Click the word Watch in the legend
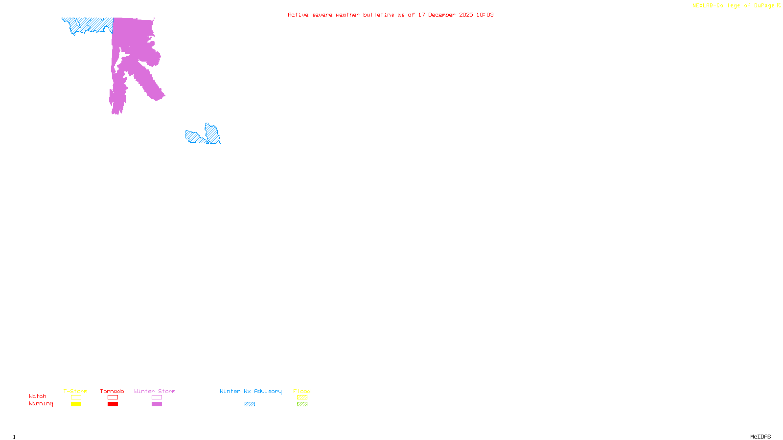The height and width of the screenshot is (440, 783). tap(38, 396)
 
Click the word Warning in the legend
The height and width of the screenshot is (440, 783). tap(41, 404)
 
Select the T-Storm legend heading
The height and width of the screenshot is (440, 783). tap(75, 391)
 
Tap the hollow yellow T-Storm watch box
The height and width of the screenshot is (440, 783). tap(76, 397)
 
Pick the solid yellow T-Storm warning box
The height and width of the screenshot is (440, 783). tap(76, 404)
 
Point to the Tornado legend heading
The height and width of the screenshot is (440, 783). tap(112, 391)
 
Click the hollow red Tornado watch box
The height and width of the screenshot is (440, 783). tap(113, 397)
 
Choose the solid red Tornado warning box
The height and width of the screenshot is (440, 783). tap(113, 404)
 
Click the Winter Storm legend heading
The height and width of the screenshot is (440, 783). tap(155, 391)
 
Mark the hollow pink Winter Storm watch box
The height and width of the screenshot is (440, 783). tap(157, 397)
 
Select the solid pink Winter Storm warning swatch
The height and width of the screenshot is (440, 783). tap(157, 404)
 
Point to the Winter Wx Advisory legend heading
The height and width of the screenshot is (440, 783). tap(251, 391)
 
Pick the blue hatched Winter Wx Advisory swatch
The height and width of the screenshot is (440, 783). tap(250, 404)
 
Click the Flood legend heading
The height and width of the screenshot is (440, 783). tap(302, 391)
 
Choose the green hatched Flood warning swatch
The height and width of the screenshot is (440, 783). tap(302, 404)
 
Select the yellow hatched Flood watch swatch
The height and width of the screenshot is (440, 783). tap(302, 397)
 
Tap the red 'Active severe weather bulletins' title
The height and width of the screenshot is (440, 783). tap(391, 15)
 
